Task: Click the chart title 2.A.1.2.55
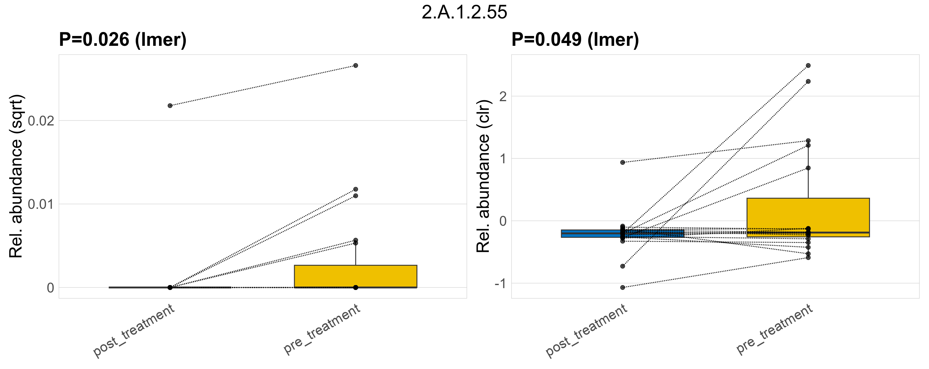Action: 464,12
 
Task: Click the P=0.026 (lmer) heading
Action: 123,39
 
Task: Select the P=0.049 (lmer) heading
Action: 575,39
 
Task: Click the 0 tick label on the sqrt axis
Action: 50,288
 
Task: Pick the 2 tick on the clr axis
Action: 503,96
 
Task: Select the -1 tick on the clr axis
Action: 500,284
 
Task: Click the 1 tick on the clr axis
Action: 503,159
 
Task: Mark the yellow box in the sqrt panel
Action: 356,276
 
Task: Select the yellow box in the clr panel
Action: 808,216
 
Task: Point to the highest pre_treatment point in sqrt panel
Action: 356,65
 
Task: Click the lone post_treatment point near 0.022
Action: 170,105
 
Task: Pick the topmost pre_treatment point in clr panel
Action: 808,65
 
